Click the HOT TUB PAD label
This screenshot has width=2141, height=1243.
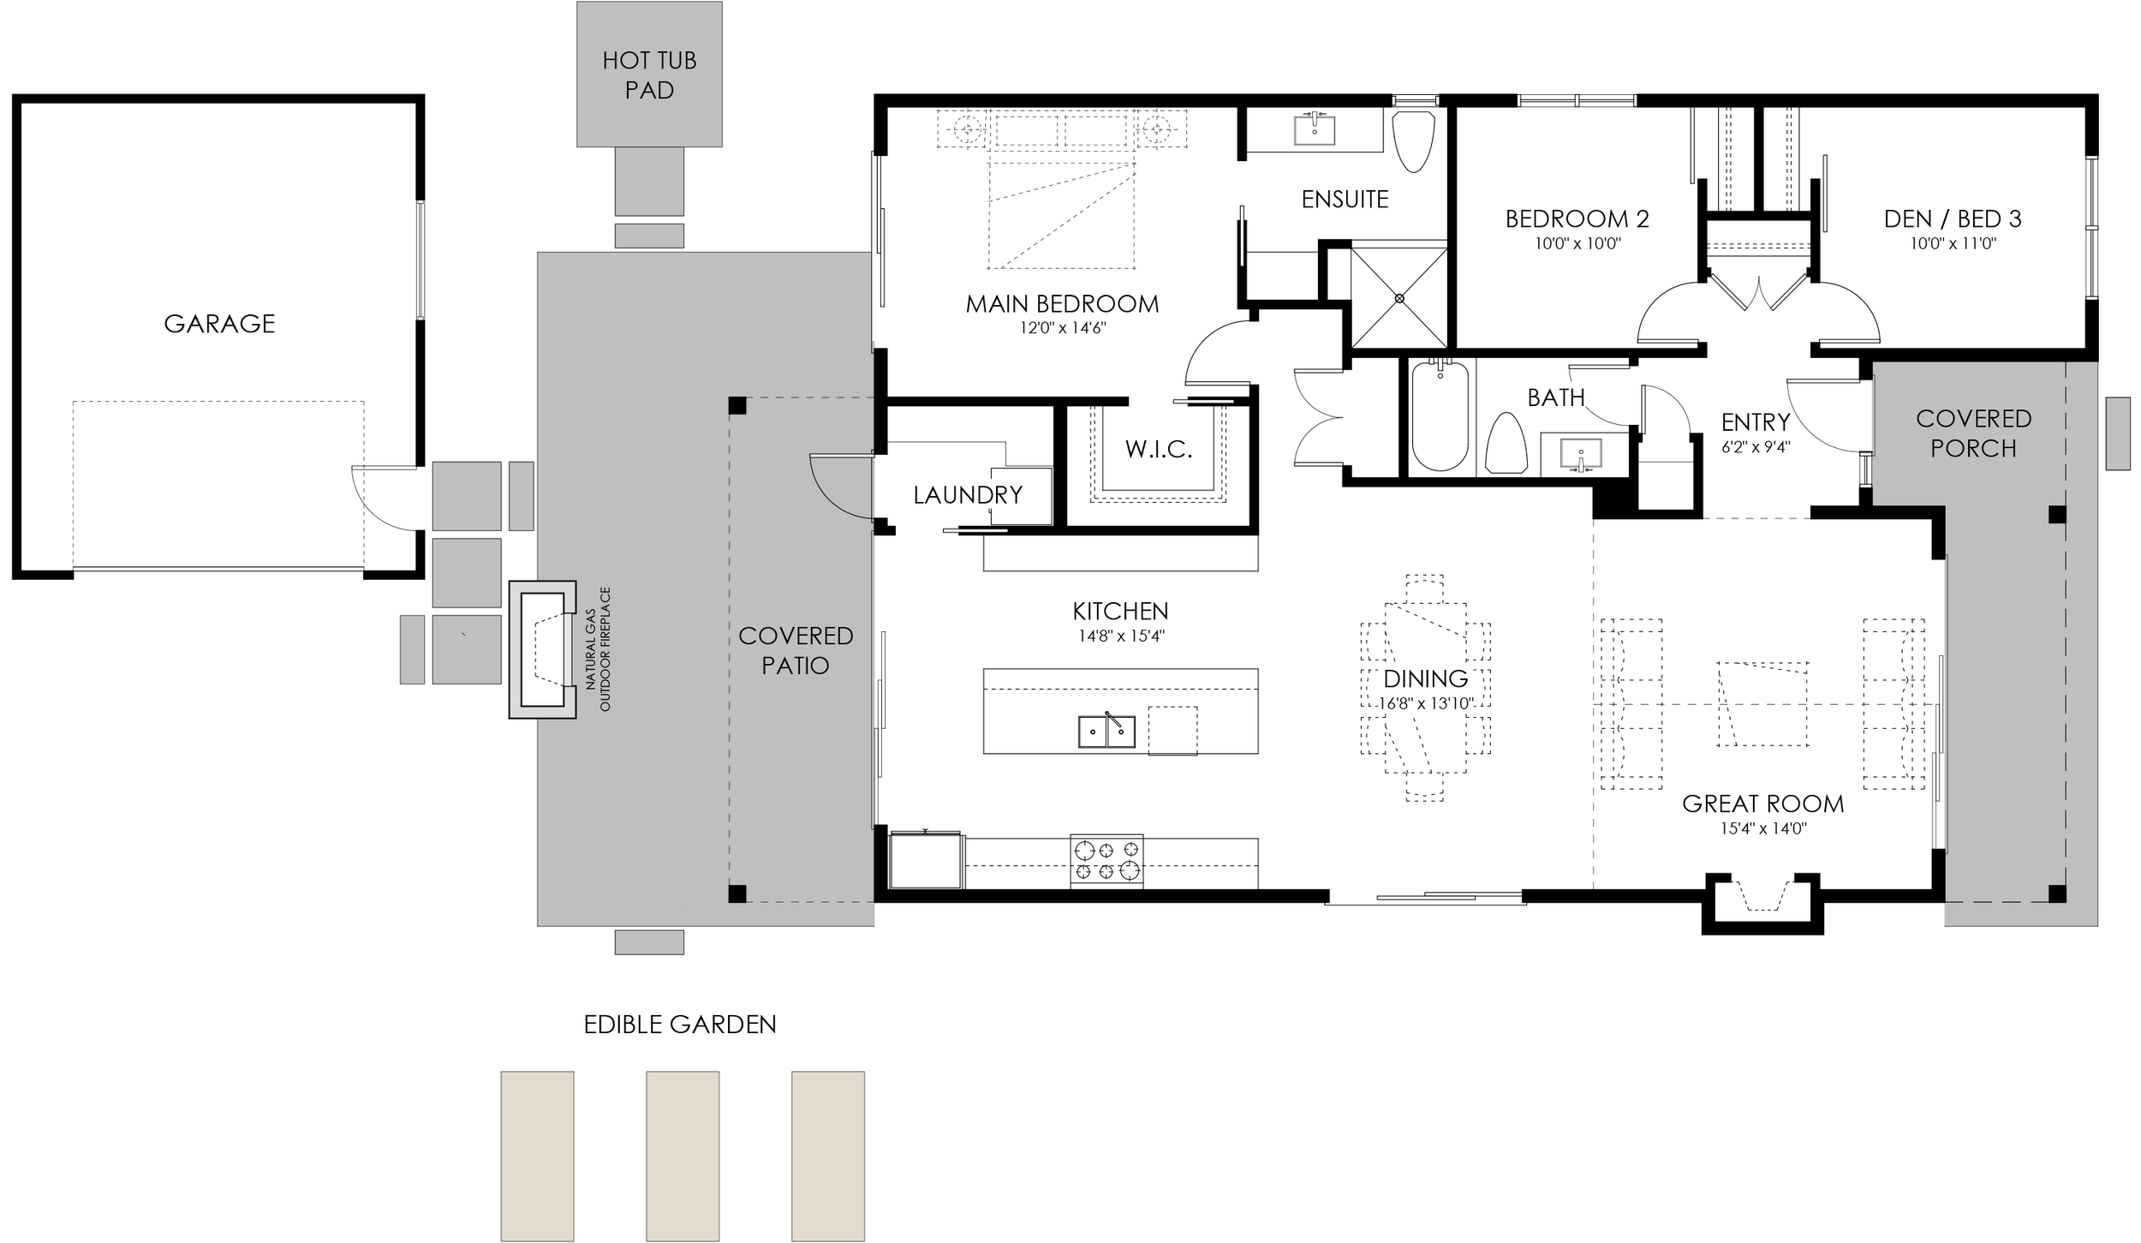(x=649, y=75)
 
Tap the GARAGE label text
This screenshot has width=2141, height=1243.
(x=219, y=324)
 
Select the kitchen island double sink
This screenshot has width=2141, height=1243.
(x=1106, y=732)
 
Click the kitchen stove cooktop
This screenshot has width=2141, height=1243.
(x=1106, y=860)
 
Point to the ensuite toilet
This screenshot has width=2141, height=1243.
(x=1414, y=140)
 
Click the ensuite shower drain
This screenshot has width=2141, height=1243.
(x=1399, y=298)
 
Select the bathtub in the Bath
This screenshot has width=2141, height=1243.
(x=1440, y=415)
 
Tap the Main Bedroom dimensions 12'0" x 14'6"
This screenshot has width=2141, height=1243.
(x=1061, y=328)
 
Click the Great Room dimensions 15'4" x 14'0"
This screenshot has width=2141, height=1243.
(x=1762, y=828)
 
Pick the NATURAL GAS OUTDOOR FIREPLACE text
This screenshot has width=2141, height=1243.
(x=598, y=648)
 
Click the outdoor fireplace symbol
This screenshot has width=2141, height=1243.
(x=542, y=649)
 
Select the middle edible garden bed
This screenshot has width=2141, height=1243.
(x=683, y=1156)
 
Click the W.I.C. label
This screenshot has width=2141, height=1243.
(x=1158, y=450)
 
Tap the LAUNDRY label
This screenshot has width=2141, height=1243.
(x=968, y=495)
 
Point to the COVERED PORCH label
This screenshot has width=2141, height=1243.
(x=1973, y=433)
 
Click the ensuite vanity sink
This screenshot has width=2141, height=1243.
(x=1313, y=131)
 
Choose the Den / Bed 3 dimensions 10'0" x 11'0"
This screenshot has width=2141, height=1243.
(x=1953, y=243)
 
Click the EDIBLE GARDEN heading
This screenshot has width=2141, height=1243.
(x=680, y=1025)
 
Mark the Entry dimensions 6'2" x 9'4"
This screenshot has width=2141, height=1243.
(x=1756, y=446)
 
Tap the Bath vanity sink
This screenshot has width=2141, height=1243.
(x=1581, y=454)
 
